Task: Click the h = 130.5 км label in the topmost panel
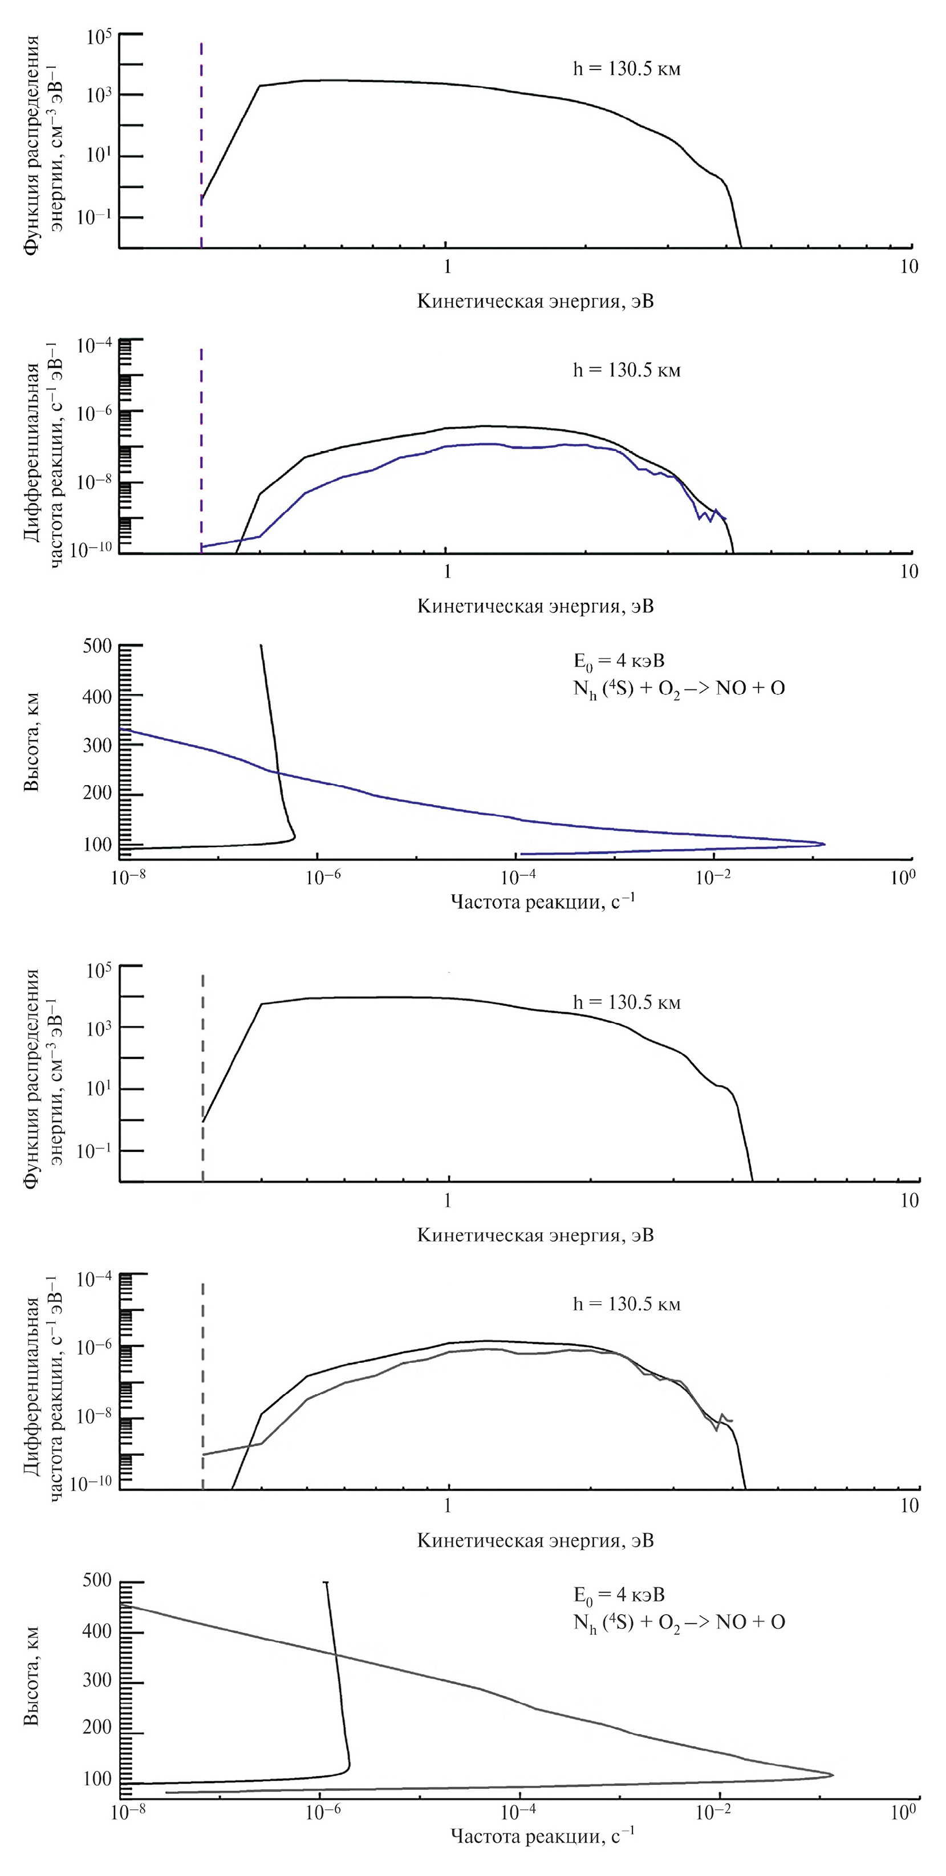point(626,70)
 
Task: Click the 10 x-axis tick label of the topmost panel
point(909,266)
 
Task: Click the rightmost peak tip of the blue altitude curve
point(823,844)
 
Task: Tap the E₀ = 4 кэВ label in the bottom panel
point(619,1594)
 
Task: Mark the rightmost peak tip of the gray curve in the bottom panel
point(831,1775)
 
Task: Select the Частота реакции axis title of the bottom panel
point(542,1837)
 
